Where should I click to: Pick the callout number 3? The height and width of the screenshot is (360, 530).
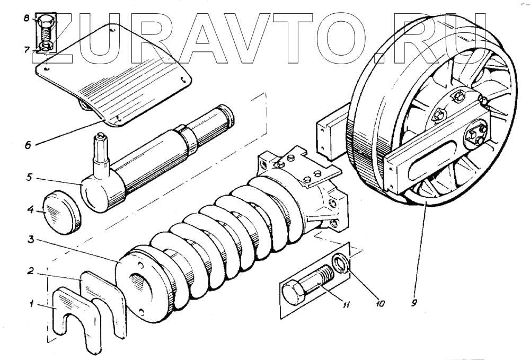(x=32, y=240)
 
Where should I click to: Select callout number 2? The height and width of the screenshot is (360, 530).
(x=32, y=271)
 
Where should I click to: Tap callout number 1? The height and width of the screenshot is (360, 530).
(x=32, y=304)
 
